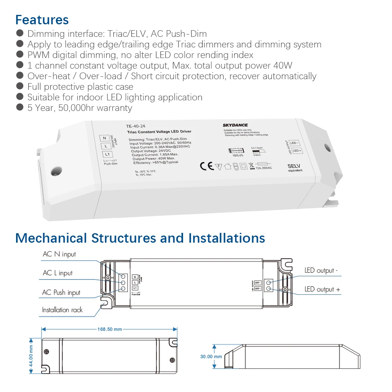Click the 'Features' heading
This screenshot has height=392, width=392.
42,20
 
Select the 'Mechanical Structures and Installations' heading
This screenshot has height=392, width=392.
140,238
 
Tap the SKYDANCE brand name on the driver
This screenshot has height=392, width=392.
235,125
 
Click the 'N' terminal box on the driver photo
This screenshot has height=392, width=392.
104,138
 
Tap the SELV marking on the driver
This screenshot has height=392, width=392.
294,167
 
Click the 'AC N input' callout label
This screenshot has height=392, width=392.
59,254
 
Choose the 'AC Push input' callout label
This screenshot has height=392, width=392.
61,292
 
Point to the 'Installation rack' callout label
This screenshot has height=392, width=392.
62,310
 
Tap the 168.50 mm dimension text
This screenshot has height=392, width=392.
110,329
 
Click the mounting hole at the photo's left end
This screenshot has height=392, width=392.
54,171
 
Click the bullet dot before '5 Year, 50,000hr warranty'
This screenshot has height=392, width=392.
20,107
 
